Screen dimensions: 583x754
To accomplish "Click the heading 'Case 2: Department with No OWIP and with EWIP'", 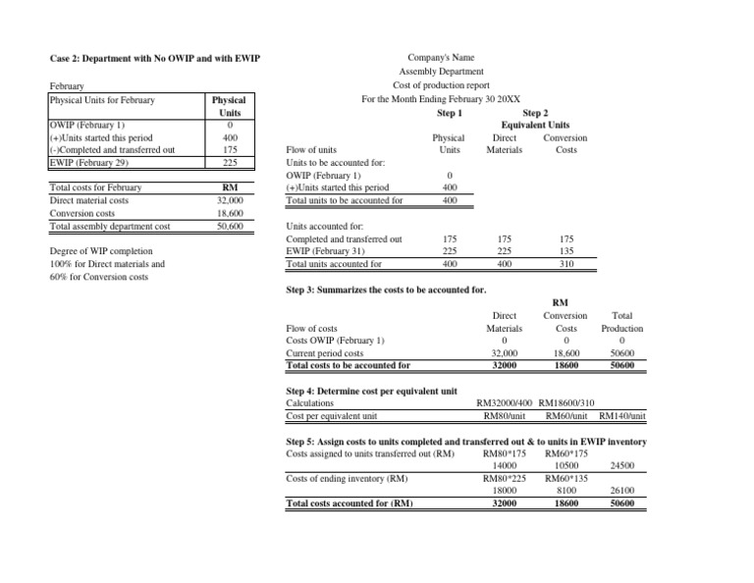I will [154, 59].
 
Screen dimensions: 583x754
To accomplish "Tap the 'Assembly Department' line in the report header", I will [441, 72].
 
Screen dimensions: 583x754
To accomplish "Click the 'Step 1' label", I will [451, 112].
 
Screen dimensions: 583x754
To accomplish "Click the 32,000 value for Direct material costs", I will [229, 200].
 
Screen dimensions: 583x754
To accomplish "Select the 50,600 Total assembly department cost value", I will [229, 226].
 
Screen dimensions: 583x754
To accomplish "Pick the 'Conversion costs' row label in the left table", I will [82, 213].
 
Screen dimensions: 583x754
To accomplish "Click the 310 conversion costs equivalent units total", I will [565, 264].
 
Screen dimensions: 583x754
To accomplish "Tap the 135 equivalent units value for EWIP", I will [565, 251].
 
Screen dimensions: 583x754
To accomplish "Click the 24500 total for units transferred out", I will [621, 466].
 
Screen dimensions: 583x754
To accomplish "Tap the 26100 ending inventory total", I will [621, 492].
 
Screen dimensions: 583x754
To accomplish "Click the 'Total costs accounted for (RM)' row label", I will [349, 504].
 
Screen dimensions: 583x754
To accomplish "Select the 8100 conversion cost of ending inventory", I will [566, 492].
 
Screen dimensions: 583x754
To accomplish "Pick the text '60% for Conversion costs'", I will [100, 277].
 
